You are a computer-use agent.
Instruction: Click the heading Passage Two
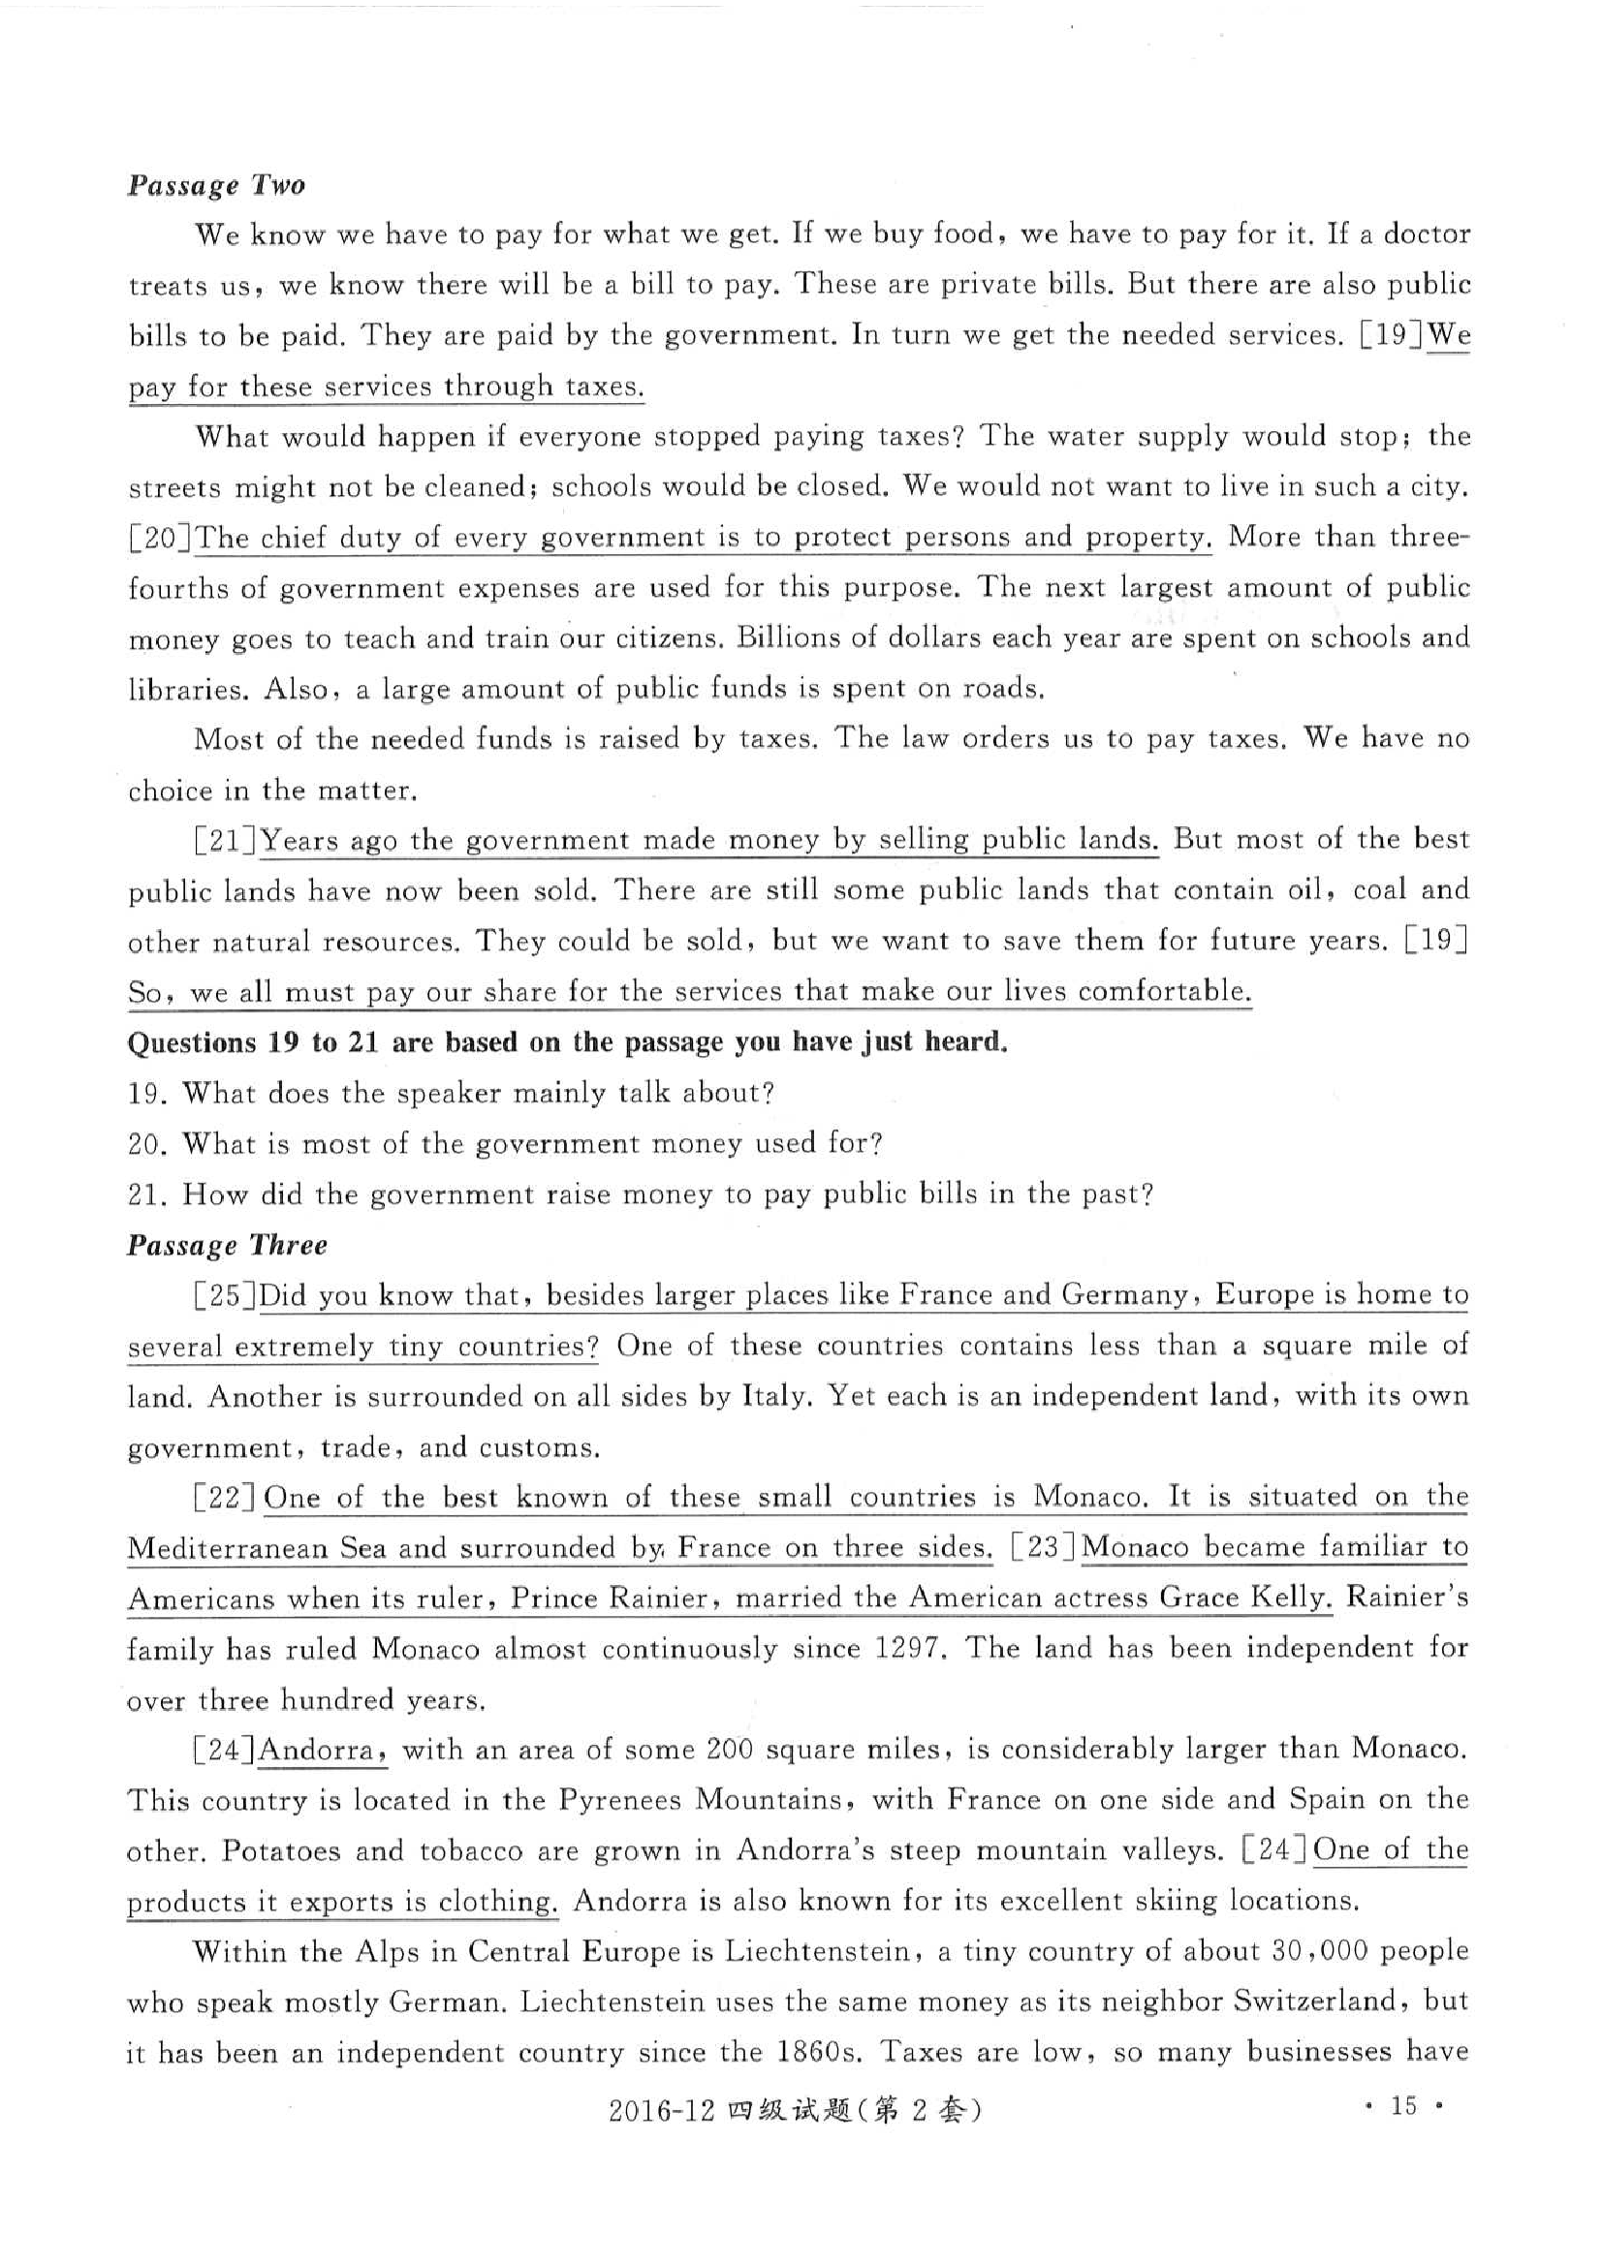pos(216,185)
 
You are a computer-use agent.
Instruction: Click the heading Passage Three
pos(227,1245)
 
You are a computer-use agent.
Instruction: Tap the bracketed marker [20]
pos(161,538)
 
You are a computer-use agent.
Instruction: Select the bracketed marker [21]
pos(226,841)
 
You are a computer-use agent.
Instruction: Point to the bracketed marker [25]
pos(226,1296)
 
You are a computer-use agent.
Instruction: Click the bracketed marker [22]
pos(226,1498)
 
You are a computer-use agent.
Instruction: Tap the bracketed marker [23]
pos(1045,1547)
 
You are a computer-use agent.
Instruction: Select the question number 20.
pos(144,1144)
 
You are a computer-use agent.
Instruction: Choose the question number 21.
pos(144,1195)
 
